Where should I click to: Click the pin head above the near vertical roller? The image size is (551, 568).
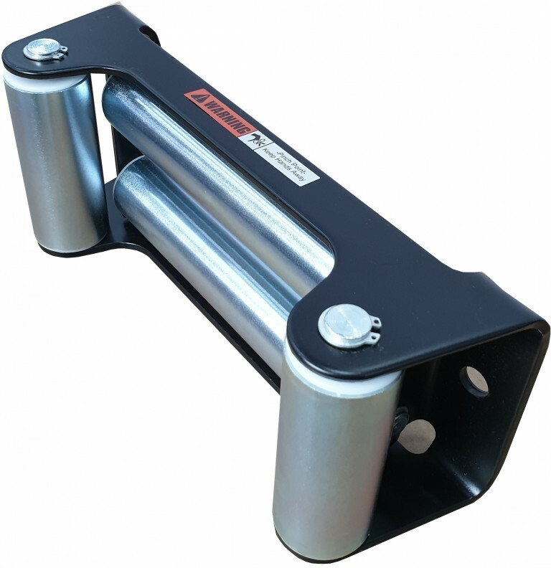pyautogui.click(x=342, y=322)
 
